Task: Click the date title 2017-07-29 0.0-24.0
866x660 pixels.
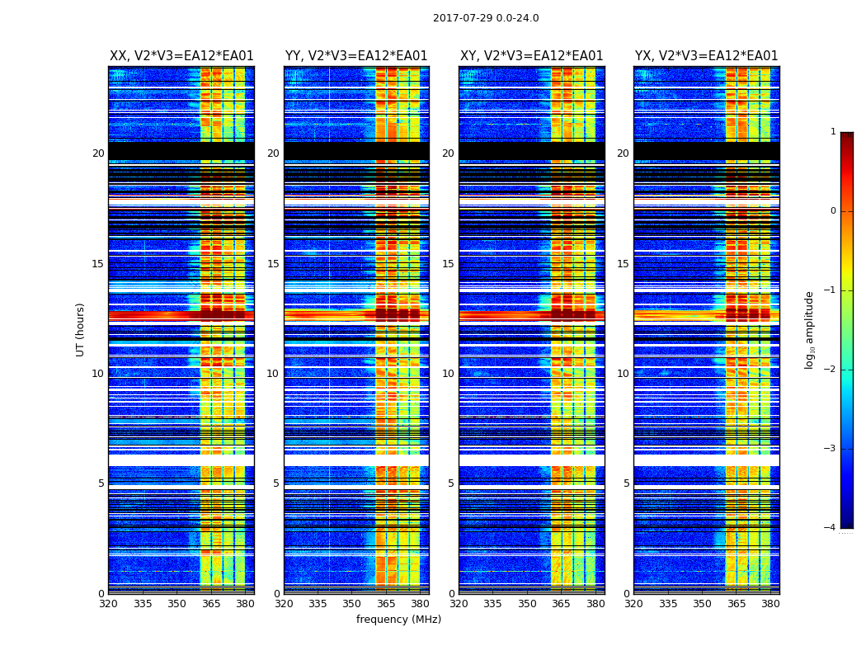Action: pos(486,18)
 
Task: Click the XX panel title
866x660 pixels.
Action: pos(181,56)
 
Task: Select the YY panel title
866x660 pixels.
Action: pos(356,56)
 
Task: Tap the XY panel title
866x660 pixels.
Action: pos(531,56)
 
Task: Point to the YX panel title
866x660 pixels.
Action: pos(706,56)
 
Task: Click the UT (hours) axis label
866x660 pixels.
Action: pos(80,329)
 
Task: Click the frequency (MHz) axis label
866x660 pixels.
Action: pos(398,620)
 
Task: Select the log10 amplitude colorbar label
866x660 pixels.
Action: pos(810,329)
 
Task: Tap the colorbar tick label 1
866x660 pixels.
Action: pos(833,132)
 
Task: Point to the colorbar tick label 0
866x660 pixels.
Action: pos(833,211)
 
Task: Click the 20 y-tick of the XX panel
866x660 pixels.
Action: pos(98,153)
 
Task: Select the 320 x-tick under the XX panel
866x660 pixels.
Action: pos(109,603)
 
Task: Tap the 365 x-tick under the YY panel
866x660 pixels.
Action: pos(386,603)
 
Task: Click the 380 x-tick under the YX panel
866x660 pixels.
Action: pos(770,603)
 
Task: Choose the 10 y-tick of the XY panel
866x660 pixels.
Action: pos(447,374)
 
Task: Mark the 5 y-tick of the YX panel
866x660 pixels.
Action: pos(626,483)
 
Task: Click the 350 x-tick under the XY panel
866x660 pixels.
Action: pos(527,603)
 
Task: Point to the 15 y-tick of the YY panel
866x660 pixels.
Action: pos(272,264)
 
